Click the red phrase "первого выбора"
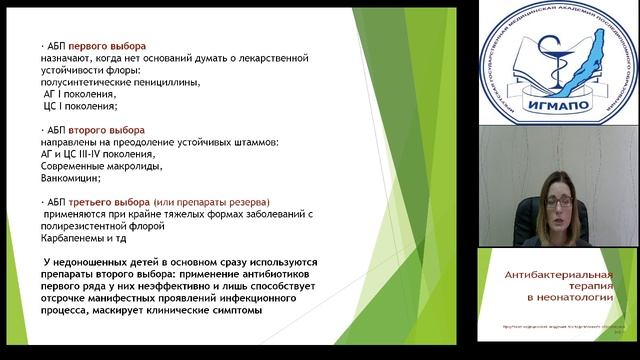pyautogui.click(x=112, y=47)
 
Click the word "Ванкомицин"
pyautogui.click(x=66, y=179)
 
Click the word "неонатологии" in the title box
pyautogui.click(x=567, y=299)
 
